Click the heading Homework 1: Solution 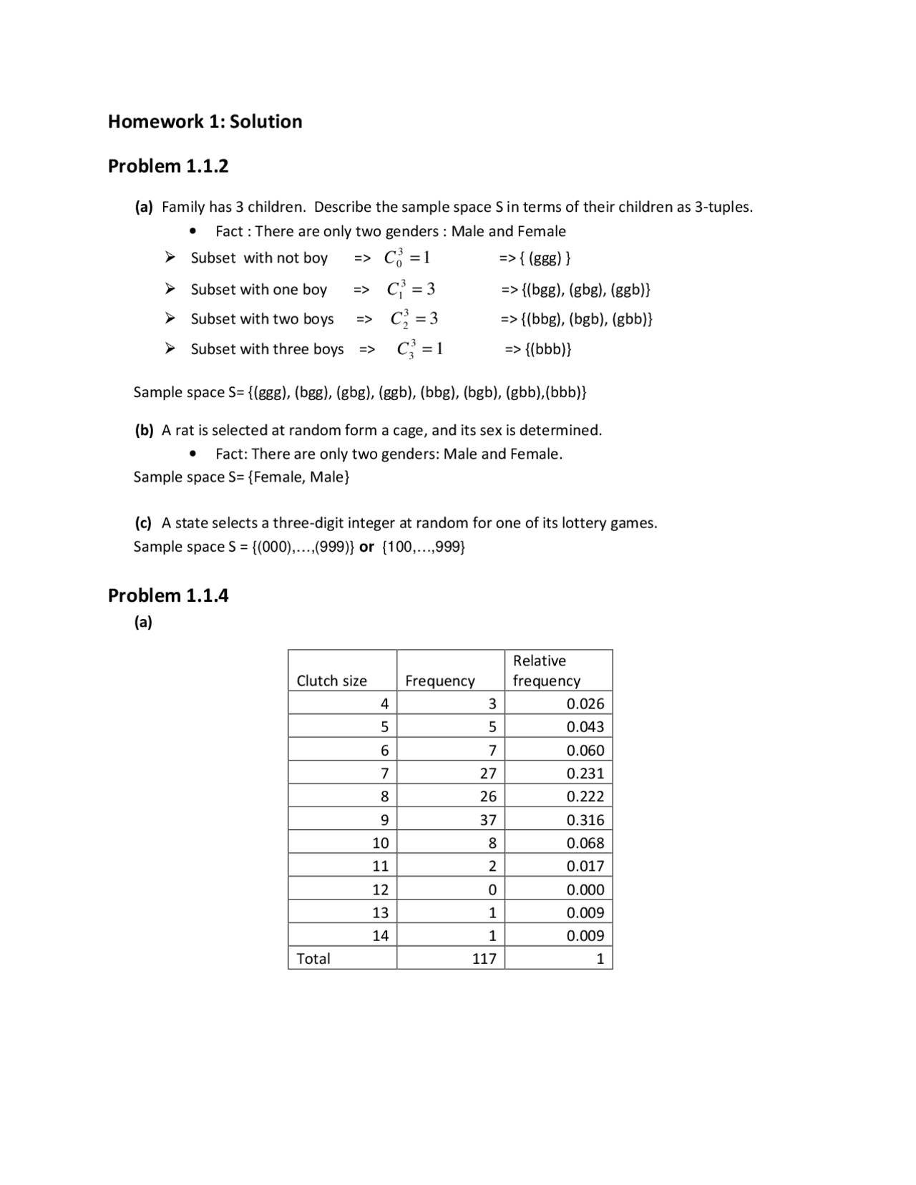coord(205,122)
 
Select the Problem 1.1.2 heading coord(168,166)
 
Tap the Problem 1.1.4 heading coord(168,595)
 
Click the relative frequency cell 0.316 coord(585,820)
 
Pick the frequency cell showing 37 coord(488,820)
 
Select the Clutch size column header coord(331,681)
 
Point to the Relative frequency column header coord(546,670)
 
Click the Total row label coord(313,959)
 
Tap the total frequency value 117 coord(484,959)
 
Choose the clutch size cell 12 coord(380,889)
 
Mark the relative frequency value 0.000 coord(585,889)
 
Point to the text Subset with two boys coord(262,319)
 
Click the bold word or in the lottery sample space coord(366,547)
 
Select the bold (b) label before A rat coord(144,430)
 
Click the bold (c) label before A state coord(143,523)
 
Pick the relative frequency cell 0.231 coord(585,774)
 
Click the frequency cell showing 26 coord(488,796)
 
